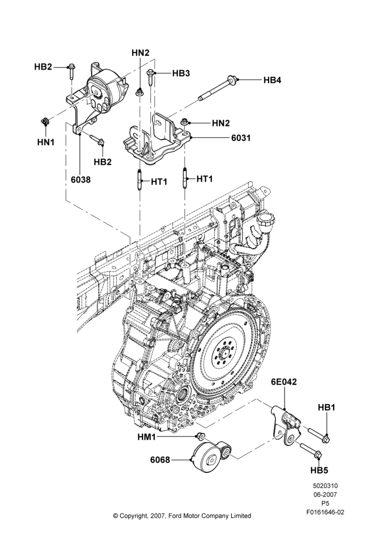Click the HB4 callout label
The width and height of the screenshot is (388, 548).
[272, 80]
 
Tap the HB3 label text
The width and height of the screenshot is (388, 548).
[181, 73]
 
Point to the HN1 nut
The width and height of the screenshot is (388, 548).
[45, 122]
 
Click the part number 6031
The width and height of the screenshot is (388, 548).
[241, 138]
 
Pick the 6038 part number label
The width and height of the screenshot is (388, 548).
[81, 180]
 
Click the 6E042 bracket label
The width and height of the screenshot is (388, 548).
[284, 382]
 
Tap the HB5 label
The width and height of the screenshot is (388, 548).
[319, 470]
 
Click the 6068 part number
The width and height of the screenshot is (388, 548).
[160, 460]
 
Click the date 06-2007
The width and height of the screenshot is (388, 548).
[325, 494]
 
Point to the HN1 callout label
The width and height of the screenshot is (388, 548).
[46, 142]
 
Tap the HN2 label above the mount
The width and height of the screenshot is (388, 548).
[140, 53]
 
